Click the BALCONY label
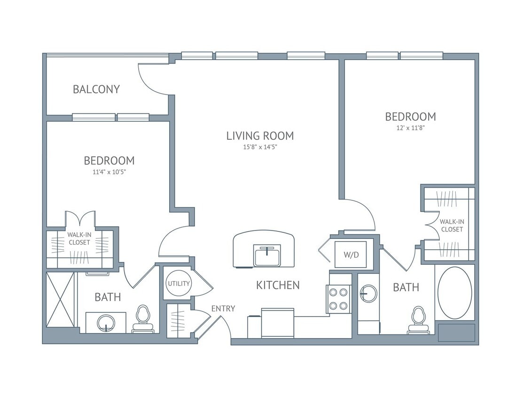(x=96, y=89)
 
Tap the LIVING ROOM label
(x=260, y=136)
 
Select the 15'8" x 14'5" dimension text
(x=260, y=147)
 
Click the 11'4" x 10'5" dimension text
(x=109, y=172)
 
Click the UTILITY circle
(x=179, y=283)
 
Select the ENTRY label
(x=223, y=309)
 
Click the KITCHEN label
(x=278, y=285)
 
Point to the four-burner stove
(x=339, y=299)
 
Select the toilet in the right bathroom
(x=418, y=321)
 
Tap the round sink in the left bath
(x=106, y=323)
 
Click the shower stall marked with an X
(x=60, y=300)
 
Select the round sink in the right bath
(x=368, y=294)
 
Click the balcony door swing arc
(x=153, y=79)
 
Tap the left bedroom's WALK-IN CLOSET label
(x=79, y=238)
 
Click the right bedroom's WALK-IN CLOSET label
(x=451, y=225)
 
